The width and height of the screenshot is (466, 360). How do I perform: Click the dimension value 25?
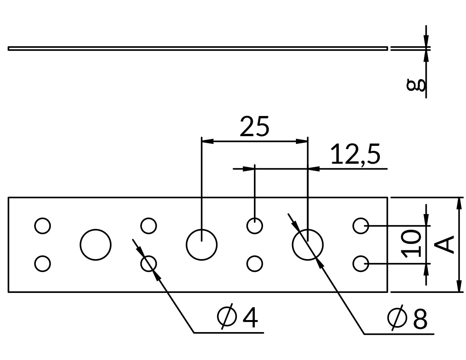click(254, 126)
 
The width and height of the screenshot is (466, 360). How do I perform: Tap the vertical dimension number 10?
click(411, 244)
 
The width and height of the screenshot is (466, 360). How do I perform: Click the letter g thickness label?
click(416, 85)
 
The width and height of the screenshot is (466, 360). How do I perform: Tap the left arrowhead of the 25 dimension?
click(207, 141)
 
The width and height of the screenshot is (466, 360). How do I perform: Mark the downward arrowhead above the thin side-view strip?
click(426, 41)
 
